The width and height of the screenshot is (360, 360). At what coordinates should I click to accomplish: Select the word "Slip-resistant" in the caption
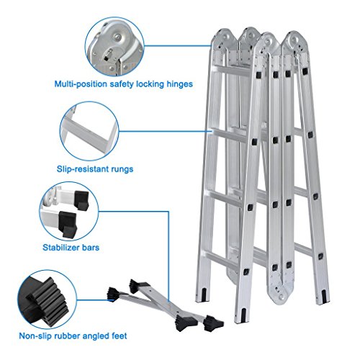[x=82, y=169]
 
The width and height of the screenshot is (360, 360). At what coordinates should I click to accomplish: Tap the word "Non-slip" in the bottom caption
[x=35, y=336]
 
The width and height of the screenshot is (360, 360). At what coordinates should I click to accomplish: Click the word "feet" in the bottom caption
[x=120, y=336]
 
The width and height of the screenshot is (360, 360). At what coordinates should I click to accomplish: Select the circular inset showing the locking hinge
[x=114, y=47]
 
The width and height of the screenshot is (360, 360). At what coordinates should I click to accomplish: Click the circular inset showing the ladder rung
[x=89, y=131]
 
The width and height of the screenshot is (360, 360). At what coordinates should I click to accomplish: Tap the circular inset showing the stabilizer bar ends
[x=69, y=211]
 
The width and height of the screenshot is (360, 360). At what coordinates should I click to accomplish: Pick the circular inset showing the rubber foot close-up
[x=48, y=300]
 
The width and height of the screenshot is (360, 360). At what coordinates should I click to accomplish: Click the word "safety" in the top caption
[x=122, y=84]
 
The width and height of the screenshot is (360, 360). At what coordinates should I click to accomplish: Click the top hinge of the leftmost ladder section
[x=222, y=41]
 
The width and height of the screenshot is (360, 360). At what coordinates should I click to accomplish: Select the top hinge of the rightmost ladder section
[x=294, y=43]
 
